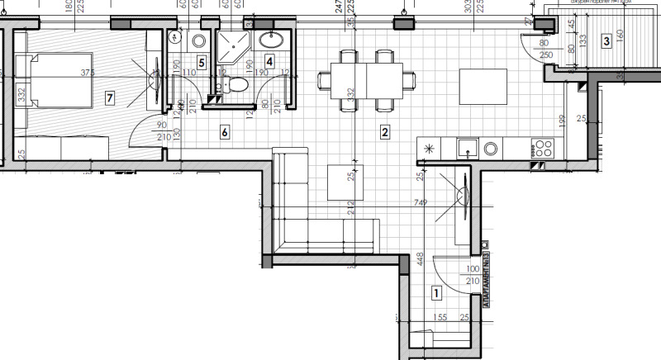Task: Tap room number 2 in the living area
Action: (384, 130)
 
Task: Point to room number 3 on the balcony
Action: (606, 40)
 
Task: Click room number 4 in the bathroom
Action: (269, 60)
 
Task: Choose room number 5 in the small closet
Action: (202, 62)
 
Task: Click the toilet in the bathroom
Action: (238, 83)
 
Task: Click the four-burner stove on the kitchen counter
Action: (543, 149)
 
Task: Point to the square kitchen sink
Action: (468, 149)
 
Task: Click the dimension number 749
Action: (421, 201)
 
